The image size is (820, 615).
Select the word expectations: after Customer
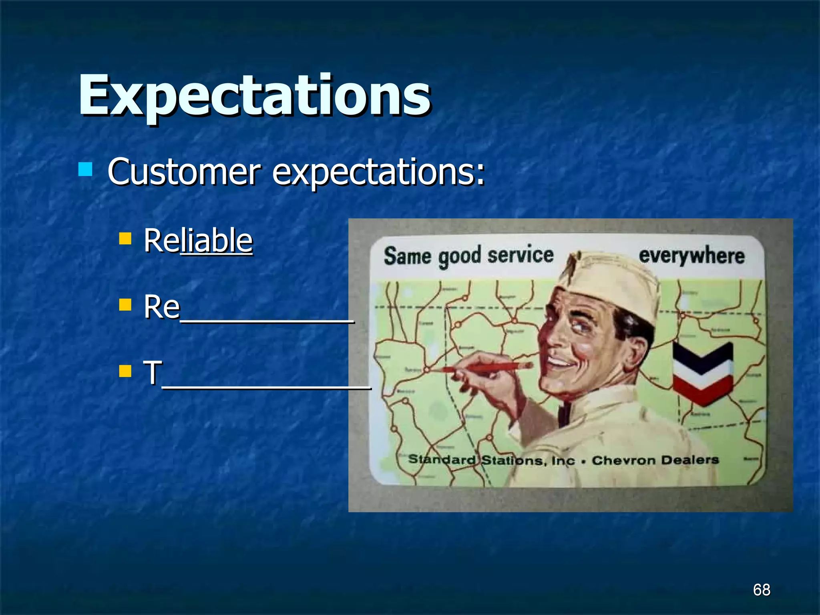[x=378, y=172]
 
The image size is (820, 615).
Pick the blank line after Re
[x=267, y=319]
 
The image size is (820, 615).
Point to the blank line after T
[x=266, y=384]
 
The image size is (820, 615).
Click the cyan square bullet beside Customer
[x=85, y=169]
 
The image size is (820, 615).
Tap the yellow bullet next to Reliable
[x=125, y=239]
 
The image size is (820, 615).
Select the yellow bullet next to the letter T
[x=125, y=371]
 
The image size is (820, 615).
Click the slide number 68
[x=761, y=590]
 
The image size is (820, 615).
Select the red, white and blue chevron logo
[x=703, y=372]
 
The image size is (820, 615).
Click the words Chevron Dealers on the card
[x=655, y=460]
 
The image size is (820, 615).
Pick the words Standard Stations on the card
[x=476, y=460]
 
